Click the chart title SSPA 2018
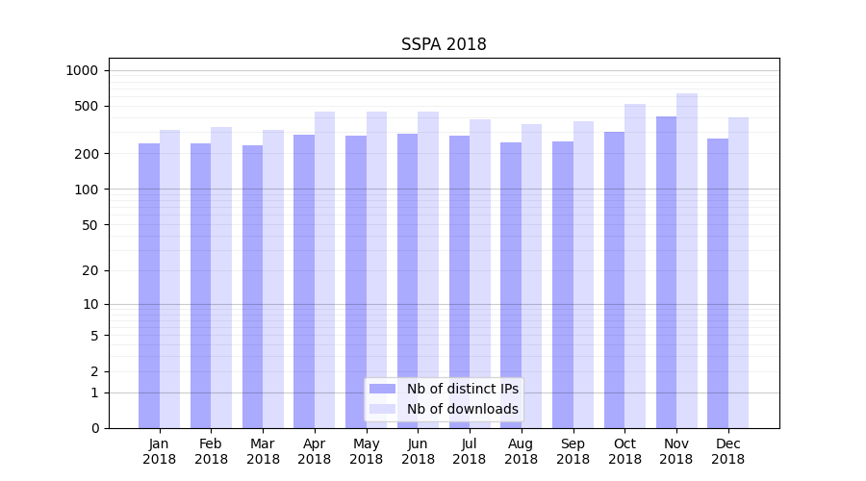(x=444, y=45)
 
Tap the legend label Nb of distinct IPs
(x=462, y=389)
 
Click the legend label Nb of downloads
(x=462, y=409)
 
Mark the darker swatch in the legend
(x=383, y=389)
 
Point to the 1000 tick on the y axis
(x=82, y=70)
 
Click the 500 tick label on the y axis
(x=87, y=106)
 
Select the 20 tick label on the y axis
(x=90, y=270)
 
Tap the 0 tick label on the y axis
(x=94, y=428)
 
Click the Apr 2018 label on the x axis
(x=315, y=451)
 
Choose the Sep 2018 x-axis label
(x=573, y=451)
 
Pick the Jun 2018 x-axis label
(x=418, y=451)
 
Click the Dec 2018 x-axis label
(x=727, y=451)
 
